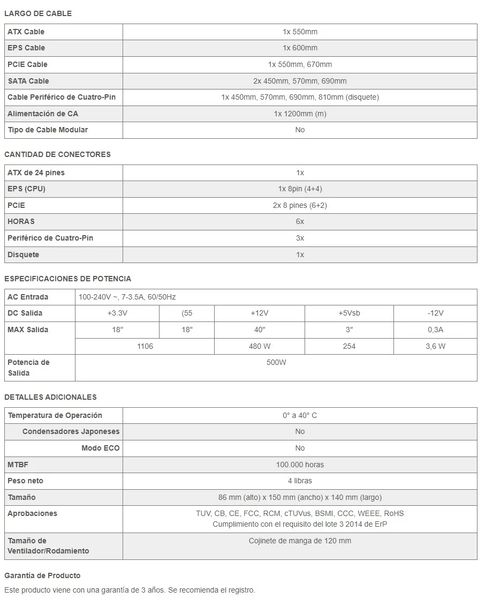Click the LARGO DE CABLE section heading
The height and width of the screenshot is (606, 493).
pos(38,13)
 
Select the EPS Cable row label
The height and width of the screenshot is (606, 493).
pos(26,48)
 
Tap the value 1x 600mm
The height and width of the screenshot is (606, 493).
pos(300,48)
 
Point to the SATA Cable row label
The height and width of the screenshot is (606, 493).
pos(28,81)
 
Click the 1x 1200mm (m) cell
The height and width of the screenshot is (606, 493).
pos(300,114)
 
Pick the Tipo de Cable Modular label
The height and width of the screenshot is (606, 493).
pos(48,130)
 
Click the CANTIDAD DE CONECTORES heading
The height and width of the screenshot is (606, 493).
pos(57,154)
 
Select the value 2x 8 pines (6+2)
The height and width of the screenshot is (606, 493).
pos(300,205)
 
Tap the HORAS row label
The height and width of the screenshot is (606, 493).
pos(21,221)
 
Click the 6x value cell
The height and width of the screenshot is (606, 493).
pos(300,221)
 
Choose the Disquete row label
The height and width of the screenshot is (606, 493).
pos(24,255)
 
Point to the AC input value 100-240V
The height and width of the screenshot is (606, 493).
pos(134,297)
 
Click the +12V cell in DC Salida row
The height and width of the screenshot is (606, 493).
pos(260,313)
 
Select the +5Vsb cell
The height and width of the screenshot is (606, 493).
pos(349,313)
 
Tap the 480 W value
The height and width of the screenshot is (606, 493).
pos(260,346)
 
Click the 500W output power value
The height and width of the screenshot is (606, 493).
pos(276,362)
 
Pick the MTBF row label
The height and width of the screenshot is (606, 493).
pos(18,465)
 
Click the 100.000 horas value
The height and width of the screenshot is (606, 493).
pos(300,465)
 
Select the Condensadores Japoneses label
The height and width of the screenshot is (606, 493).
pos(71,431)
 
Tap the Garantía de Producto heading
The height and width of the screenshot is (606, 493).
pos(42,575)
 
